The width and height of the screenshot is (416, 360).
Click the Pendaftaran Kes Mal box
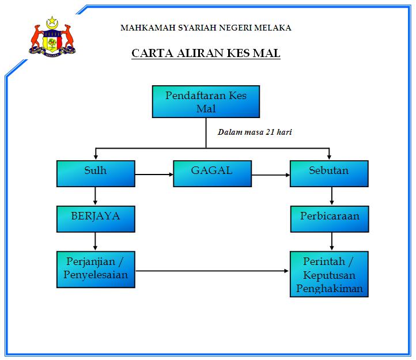click(206, 101)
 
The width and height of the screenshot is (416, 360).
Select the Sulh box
click(96, 173)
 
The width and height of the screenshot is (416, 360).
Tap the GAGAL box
click(212, 173)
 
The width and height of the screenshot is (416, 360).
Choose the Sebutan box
click(329, 173)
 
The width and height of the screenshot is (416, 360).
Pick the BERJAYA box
click(96, 218)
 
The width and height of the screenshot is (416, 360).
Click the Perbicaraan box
click(329, 218)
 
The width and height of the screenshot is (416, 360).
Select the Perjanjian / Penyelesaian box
click(96, 268)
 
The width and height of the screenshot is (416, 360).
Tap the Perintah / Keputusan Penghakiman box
click(329, 274)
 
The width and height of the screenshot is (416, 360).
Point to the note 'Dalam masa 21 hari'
click(254, 132)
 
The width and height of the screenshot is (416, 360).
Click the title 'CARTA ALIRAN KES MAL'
click(206, 54)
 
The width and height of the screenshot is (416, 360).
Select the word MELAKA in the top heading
click(271, 27)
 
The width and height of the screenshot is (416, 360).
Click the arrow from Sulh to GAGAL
click(154, 174)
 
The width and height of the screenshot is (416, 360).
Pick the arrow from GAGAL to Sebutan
click(271, 174)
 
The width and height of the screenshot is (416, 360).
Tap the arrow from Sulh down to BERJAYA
click(95, 196)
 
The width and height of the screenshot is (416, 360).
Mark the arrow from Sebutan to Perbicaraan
click(331, 196)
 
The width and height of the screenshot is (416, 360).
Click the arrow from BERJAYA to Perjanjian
click(95, 241)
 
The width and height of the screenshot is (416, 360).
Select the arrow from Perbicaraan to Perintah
click(331, 241)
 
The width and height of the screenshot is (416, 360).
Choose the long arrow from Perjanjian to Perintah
click(213, 270)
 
